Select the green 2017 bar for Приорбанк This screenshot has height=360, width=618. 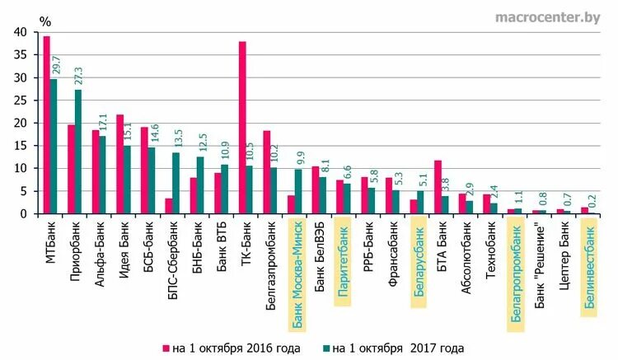coord(78,152)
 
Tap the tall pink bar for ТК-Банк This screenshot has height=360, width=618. coord(242,128)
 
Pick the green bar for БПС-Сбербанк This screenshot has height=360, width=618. coord(176,183)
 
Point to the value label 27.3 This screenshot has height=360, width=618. coord(80,77)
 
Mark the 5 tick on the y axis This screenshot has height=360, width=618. coord(23,191)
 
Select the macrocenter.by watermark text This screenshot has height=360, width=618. coord(547,16)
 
